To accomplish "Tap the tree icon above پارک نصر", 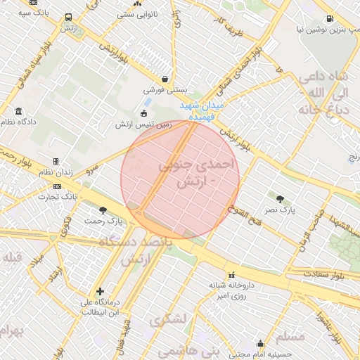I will pos(281,199).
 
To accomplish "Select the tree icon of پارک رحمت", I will pos(103,210).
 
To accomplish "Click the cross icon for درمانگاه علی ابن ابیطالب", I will pos(100,291).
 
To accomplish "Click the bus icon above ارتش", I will pos(68,18).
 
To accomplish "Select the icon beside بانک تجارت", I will pos(57,186).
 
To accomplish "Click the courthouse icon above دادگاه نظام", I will pos(18,110).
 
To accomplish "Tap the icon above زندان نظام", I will pos(56,161).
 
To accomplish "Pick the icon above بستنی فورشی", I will pos(165,79).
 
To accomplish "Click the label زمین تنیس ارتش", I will pos(144,124).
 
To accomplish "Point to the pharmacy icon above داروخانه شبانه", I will pos(231,275).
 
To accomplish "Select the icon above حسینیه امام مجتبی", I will pos(261,344).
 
